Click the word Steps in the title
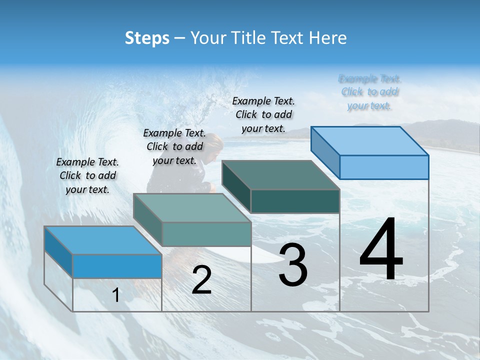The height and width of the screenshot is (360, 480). [x=147, y=38]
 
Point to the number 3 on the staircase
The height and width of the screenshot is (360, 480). [x=293, y=265]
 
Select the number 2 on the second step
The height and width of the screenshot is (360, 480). [x=201, y=280]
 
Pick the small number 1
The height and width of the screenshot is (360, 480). [x=116, y=295]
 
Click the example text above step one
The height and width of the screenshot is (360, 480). [x=87, y=175]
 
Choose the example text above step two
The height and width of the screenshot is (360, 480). [x=174, y=146]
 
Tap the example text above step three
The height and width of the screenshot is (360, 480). [x=263, y=115]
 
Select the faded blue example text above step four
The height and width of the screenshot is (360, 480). [x=370, y=92]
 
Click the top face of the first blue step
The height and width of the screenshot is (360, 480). [x=102, y=240]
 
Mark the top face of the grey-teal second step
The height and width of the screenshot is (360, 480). [x=192, y=207]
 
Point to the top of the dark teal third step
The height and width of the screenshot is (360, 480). [x=280, y=175]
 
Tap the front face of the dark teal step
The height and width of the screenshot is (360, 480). [x=295, y=201]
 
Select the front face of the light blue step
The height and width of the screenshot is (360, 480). [x=384, y=167]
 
